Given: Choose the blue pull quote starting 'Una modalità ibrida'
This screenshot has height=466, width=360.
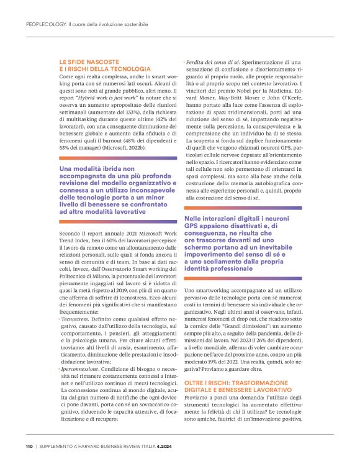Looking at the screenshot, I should coord(118,190).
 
